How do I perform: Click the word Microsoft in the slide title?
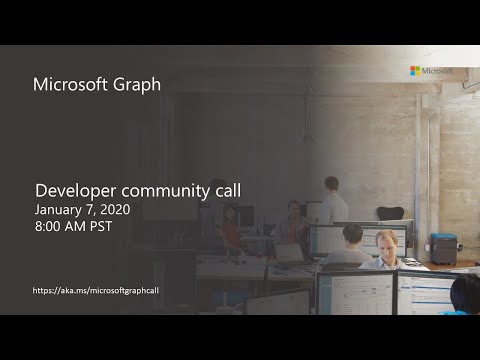click(72, 84)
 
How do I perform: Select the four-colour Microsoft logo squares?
click(415, 71)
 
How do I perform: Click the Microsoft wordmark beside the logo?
click(437, 71)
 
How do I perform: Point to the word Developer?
click(74, 190)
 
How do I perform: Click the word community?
click(159, 190)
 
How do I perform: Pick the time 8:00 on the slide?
click(49, 229)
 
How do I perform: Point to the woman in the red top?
click(230, 228)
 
